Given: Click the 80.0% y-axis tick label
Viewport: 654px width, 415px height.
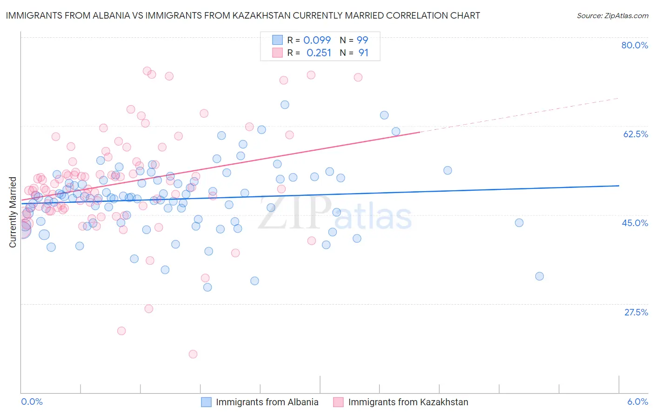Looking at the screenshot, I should [634, 45].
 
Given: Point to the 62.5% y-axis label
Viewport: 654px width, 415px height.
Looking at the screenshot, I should [635, 134].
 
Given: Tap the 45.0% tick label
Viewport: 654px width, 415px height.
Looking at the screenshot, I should [635, 223].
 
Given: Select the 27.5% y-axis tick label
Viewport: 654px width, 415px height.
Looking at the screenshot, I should [636, 312].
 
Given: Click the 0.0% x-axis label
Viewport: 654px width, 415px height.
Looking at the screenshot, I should [32, 402].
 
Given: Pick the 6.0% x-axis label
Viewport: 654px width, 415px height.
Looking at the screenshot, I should [638, 402].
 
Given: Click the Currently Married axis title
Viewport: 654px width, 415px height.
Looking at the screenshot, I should [13, 212].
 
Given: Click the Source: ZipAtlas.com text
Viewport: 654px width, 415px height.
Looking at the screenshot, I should [612, 15].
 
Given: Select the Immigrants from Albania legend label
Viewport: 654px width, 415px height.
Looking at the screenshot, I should [267, 402].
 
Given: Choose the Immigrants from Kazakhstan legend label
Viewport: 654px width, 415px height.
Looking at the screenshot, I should [408, 402].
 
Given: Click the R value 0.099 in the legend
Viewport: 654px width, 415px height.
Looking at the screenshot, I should [317, 40].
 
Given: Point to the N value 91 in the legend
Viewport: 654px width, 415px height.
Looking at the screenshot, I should [363, 53].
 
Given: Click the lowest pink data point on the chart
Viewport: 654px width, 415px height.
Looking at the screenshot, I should [193, 354].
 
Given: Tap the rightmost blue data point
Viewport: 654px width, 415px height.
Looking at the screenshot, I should [540, 276].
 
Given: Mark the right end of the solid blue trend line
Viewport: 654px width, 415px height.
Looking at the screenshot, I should [619, 186].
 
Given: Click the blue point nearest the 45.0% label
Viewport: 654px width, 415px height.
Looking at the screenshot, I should [519, 223].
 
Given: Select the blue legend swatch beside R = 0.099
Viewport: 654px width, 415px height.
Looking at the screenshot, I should [277, 40].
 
